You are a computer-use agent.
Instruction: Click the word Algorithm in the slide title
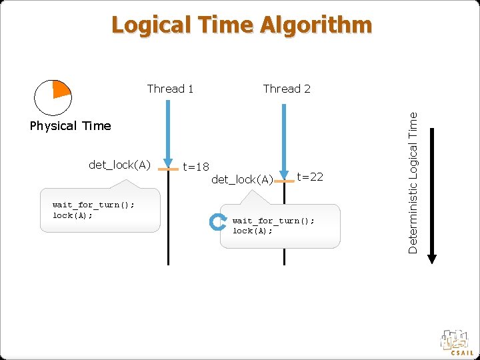316,25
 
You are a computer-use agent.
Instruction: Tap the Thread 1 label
170,89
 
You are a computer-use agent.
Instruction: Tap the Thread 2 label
287,89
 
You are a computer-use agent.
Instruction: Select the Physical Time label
71,126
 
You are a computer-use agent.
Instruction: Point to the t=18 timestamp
196,167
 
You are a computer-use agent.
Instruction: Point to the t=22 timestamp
310,177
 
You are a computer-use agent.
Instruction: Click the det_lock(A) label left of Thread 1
120,165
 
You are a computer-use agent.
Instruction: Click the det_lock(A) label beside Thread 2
242,179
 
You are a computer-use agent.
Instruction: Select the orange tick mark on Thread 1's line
169,170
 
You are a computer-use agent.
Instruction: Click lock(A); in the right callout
253,231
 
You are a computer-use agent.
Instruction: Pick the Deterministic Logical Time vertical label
413,181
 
